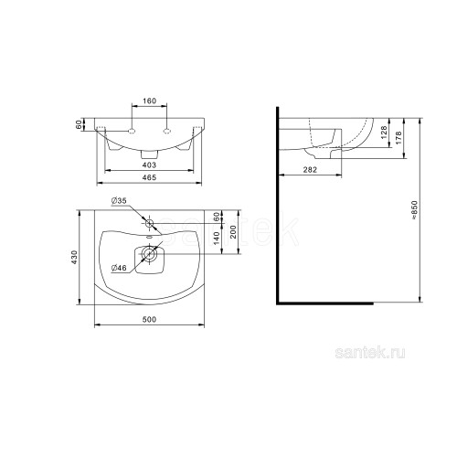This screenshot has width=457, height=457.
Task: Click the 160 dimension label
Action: (149, 101)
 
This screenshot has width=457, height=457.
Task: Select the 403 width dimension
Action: (149, 165)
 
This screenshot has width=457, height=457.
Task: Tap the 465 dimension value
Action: (149, 177)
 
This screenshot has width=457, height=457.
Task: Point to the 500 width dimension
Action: (149, 320)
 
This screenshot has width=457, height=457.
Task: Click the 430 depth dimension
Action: (75, 257)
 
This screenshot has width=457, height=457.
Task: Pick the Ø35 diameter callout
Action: (119, 201)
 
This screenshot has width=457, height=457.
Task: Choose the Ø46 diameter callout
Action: (119, 268)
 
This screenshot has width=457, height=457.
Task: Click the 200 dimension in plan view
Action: (233, 232)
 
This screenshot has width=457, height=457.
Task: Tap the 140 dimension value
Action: (217, 239)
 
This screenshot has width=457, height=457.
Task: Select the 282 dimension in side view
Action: (310, 170)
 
